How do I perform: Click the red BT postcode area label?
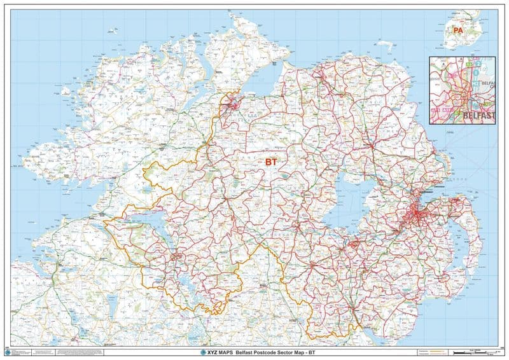(271, 163)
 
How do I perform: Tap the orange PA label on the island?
(458, 30)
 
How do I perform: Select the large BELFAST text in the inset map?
(478, 116)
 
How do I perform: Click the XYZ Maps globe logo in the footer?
(204, 352)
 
